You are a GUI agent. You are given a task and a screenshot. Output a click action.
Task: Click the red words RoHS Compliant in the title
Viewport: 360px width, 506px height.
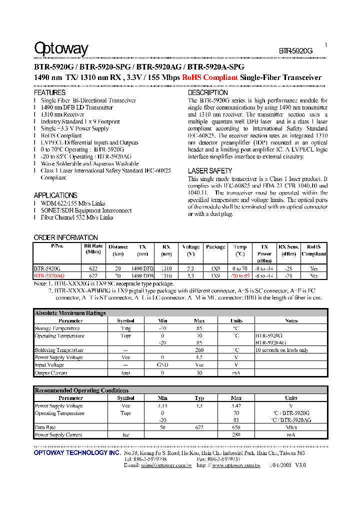tap(209, 77)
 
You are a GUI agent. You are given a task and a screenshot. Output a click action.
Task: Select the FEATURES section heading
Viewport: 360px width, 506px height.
tap(49, 92)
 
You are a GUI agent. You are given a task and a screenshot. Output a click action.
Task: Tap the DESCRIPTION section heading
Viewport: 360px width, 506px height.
tap(208, 92)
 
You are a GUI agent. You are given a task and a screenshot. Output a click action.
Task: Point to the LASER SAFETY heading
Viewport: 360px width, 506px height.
tap(210, 171)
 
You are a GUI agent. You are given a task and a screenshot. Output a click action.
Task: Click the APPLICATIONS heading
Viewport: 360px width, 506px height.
tap(55, 195)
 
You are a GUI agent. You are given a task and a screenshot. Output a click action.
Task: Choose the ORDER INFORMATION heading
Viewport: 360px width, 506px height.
tap(65, 237)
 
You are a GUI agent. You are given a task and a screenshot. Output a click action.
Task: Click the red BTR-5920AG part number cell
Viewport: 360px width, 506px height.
tap(49, 275)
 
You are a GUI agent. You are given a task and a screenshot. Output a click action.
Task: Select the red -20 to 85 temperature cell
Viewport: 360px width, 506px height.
tap(240, 275)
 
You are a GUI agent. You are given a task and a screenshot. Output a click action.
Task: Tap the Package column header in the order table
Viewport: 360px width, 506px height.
tap(215, 246)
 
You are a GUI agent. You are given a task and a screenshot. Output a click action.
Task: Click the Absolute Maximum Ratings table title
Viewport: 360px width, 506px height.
tap(70, 313)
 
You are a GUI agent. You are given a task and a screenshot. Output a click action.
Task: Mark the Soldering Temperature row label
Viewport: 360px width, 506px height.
tap(59, 350)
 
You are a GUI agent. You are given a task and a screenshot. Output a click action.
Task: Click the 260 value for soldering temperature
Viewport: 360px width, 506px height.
tap(199, 350)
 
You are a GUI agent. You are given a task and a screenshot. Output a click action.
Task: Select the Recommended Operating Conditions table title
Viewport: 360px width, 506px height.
tap(81, 390)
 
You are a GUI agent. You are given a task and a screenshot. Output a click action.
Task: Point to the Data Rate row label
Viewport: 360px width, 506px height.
tap(45, 427)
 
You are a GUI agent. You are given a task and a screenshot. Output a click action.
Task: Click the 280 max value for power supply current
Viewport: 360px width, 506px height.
tap(236, 435)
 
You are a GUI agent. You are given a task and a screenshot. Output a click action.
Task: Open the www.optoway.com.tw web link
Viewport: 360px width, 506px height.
tap(236, 465)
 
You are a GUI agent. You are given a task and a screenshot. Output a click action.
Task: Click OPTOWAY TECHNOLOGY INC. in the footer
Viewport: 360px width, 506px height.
tap(77, 452)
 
